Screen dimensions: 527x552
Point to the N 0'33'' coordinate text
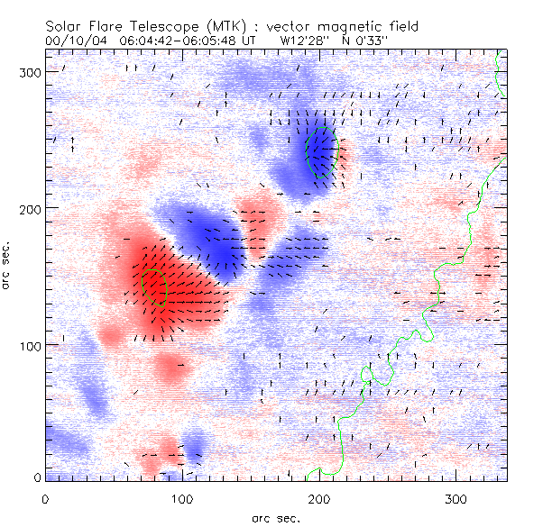(363, 41)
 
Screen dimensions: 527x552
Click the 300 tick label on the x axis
(456, 498)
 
